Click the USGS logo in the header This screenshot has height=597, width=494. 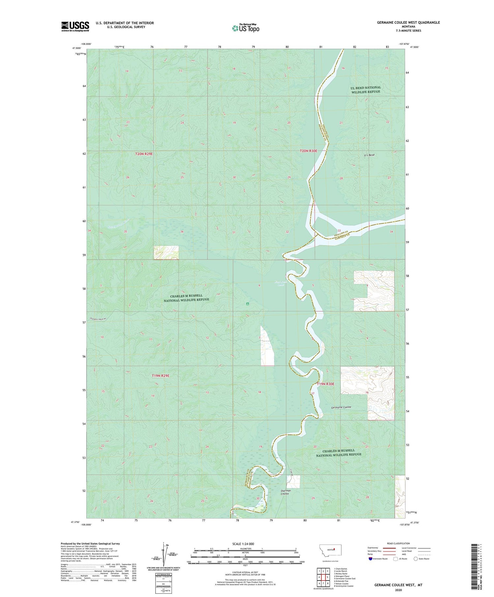(x=75, y=26)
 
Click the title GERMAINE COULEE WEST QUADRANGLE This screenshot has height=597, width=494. (x=408, y=22)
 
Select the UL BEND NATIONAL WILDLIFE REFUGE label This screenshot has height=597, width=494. (x=366, y=90)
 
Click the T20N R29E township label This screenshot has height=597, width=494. (x=144, y=154)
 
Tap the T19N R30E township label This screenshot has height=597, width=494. (x=325, y=384)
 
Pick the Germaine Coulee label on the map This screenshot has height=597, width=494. (x=341, y=407)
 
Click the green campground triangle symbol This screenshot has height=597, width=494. (x=247, y=304)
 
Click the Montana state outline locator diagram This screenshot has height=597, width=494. (x=330, y=550)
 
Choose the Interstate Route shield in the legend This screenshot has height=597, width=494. (x=371, y=558)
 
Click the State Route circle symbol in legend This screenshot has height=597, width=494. (x=416, y=558)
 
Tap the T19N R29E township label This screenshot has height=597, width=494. (x=160, y=376)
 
